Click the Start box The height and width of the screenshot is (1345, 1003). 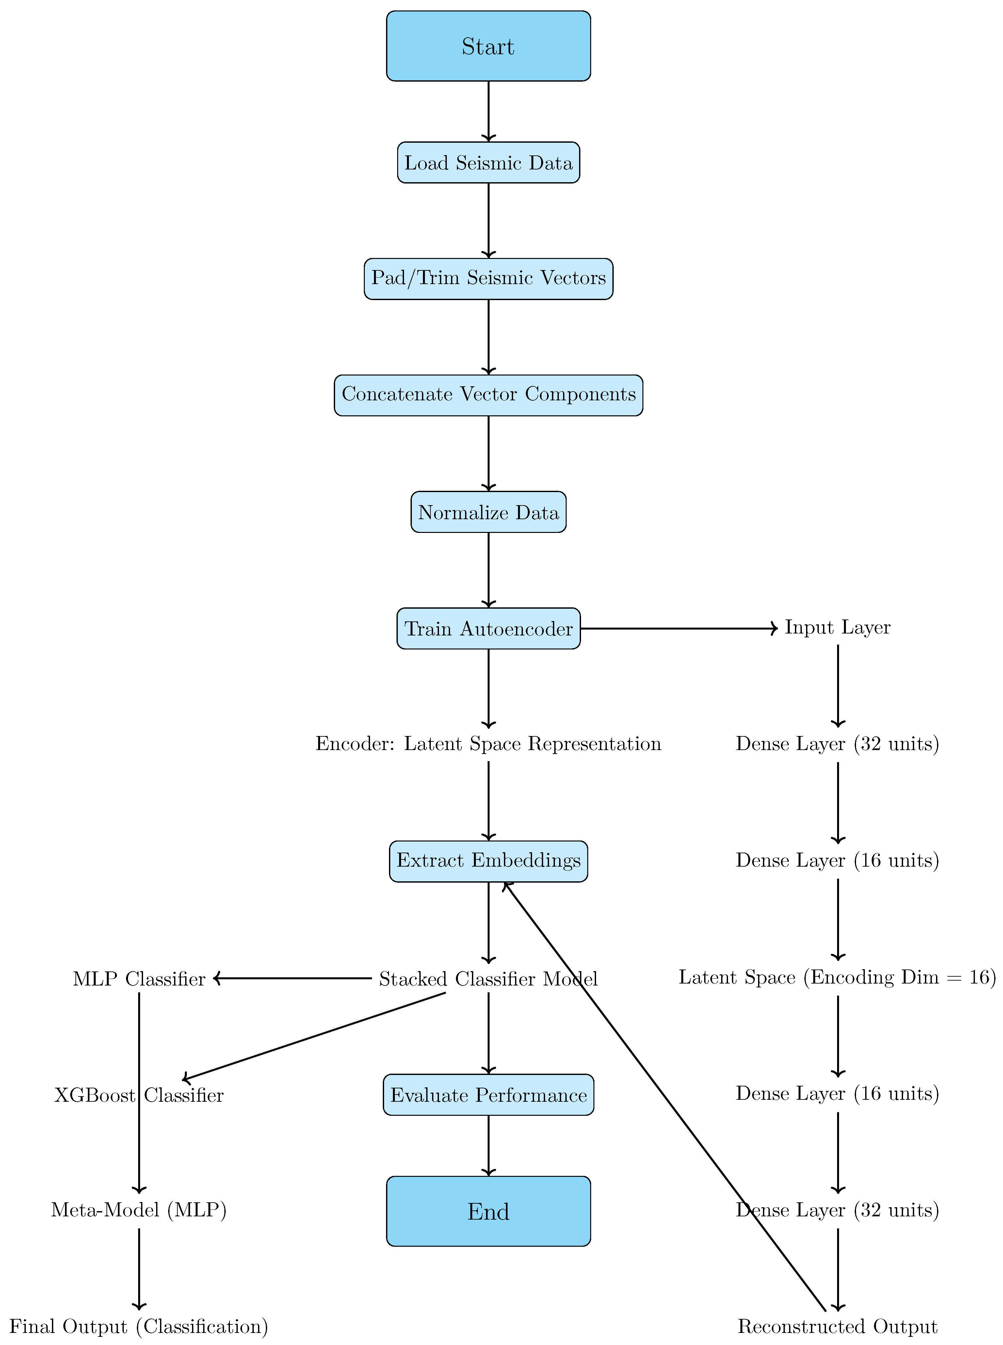pos(488,46)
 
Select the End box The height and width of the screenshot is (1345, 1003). pos(488,1211)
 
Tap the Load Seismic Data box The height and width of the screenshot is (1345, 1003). pos(488,163)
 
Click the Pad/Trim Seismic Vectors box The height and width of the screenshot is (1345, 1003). pos(488,279)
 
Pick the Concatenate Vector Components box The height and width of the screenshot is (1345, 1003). pos(488,395)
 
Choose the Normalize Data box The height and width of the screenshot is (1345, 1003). pos(488,512)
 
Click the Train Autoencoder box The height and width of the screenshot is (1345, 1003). pos(488,629)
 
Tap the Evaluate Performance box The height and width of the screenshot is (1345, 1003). pos(488,1095)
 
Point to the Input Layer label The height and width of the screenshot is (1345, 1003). pos(837,628)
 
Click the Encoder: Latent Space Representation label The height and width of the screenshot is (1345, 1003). pos(488,744)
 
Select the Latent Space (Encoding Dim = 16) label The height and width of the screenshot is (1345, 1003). pos(837,977)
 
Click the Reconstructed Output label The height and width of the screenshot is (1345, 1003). pos(837,1327)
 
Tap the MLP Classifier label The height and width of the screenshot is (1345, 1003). pos(139,979)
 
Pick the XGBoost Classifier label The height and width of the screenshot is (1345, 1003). pos(139,1096)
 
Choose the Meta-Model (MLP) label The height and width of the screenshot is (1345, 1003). pos(139,1210)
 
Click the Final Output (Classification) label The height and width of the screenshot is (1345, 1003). pos(139,1327)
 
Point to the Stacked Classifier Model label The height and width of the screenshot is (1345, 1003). pos(488,979)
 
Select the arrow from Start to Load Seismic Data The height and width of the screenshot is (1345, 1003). pos(488,111)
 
